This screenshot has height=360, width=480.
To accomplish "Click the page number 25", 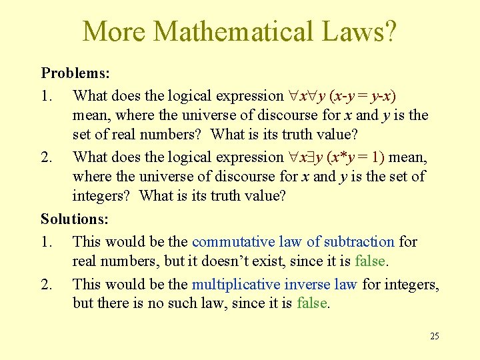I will (435, 336).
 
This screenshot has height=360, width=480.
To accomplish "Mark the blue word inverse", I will (307, 284).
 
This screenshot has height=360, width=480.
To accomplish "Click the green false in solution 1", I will (372, 261).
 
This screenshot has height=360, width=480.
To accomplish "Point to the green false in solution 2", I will (313, 304).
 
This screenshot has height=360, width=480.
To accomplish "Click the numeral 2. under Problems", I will (47, 157).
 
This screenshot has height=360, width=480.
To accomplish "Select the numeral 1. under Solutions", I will (47, 241).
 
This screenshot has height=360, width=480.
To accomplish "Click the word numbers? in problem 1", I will (173, 135).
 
